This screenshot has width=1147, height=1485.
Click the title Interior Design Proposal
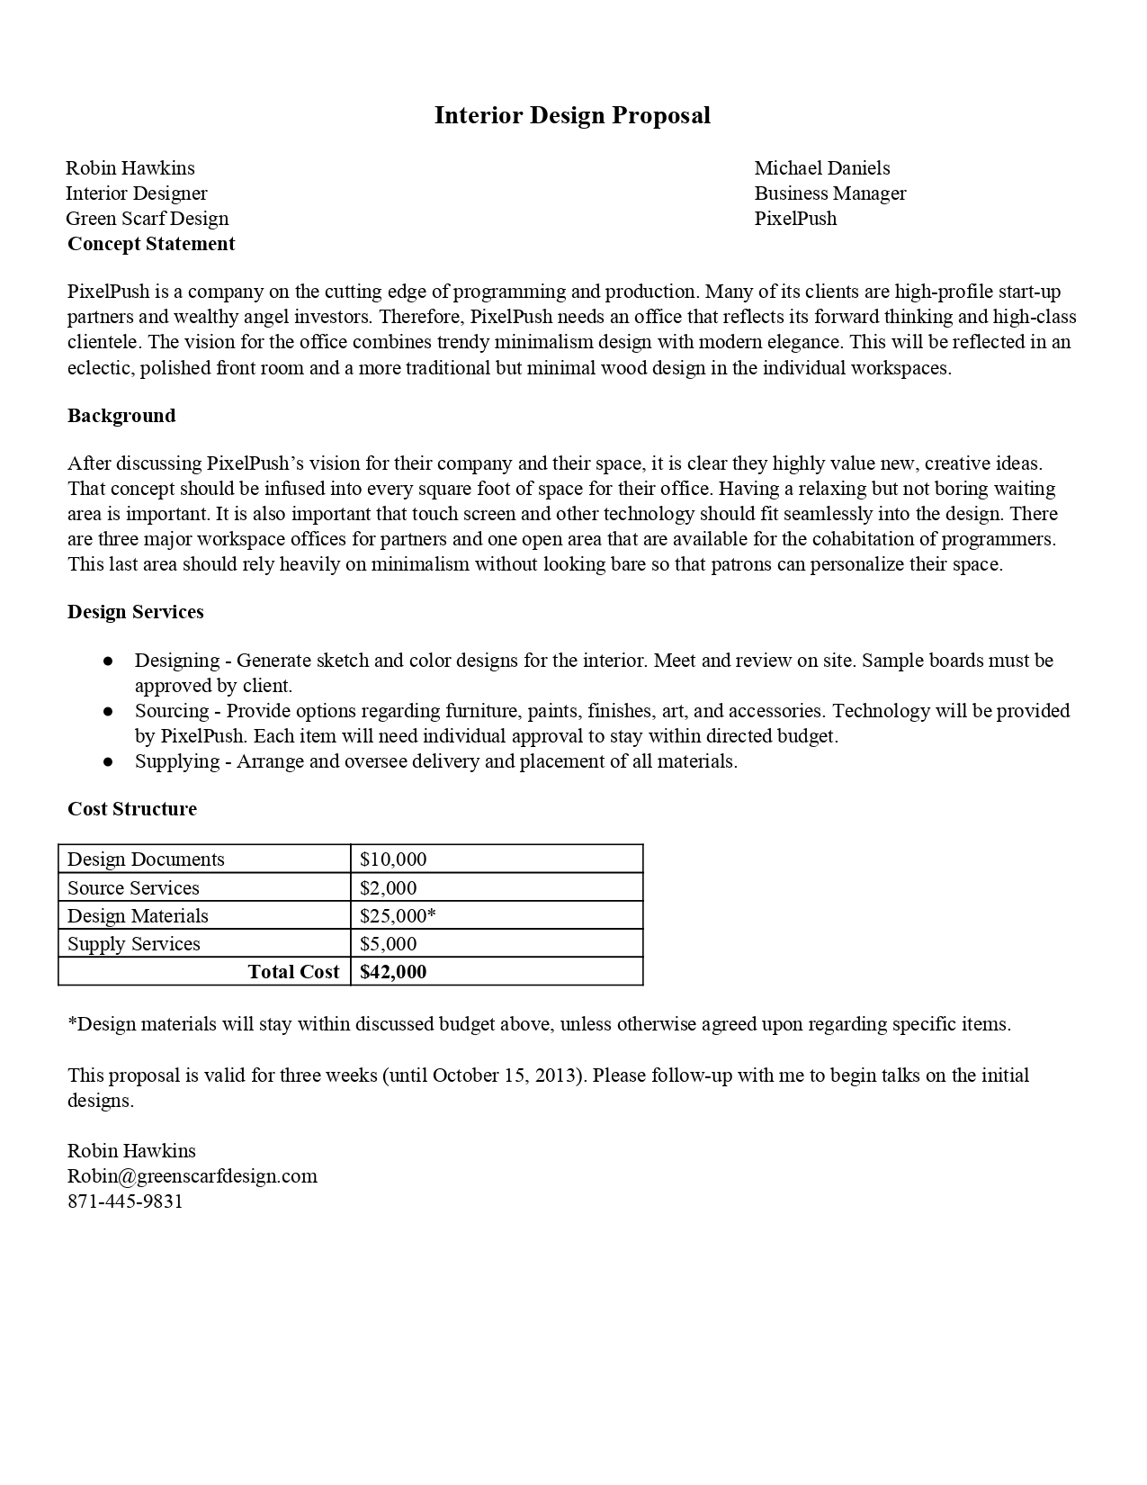[572, 115]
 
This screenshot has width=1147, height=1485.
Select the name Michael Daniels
[821, 168]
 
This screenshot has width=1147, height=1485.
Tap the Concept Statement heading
[151, 244]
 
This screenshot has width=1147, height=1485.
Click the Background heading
[121, 416]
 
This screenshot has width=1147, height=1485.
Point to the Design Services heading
[136, 612]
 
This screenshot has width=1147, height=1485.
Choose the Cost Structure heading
[132, 809]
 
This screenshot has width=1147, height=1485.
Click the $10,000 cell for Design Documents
[393, 859]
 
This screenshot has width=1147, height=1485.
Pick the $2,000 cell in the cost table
[388, 888]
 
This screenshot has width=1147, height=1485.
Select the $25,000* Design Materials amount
[398, 916]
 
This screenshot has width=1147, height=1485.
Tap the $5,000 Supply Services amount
[388, 944]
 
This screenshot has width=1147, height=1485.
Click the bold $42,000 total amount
[393, 972]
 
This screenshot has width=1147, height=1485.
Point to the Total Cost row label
[293, 972]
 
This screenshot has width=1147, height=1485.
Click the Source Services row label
[133, 888]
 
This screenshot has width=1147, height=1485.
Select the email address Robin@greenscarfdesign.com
[193, 1176]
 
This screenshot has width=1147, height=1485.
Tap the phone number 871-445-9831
[125, 1201]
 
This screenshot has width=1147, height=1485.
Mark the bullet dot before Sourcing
[108, 712]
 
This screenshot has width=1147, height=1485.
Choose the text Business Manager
[829, 193]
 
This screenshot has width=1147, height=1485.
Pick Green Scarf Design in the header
[148, 219]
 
